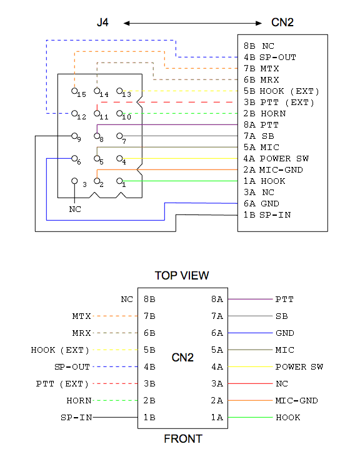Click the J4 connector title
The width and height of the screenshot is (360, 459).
point(102,23)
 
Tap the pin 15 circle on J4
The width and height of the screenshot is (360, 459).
point(74,91)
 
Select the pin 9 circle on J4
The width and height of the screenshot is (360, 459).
point(74,136)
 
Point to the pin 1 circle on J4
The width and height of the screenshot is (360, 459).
point(119,181)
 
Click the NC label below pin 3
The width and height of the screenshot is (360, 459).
point(75,209)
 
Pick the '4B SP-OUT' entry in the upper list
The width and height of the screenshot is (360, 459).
point(270,58)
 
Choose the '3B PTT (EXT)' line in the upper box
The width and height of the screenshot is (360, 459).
point(279,103)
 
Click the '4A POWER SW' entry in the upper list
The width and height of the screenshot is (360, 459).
point(276,159)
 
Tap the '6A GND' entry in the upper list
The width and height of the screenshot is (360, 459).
point(261,204)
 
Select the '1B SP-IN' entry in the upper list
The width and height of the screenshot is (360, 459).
point(267,215)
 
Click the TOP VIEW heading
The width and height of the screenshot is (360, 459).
point(182,275)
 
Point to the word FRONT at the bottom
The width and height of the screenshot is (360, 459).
point(183,439)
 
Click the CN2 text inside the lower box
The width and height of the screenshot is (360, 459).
point(182,358)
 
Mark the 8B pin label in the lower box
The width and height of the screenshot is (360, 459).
point(149,299)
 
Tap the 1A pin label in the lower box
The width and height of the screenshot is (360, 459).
point(217,418)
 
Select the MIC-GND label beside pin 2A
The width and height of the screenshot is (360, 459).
point(296,400)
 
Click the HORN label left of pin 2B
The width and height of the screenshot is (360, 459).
point(79,400)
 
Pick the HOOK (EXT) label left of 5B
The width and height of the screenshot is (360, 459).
point(60,350)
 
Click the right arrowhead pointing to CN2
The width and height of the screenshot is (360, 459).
point(259,23)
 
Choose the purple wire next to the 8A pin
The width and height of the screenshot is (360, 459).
point(250,299)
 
